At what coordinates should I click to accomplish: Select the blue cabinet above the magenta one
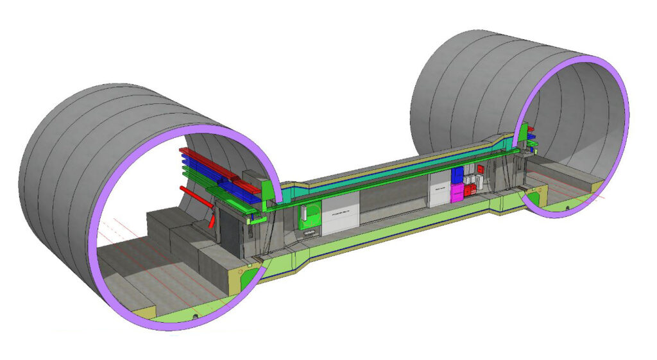(x=457, y=175)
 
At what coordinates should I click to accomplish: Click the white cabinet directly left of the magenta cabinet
(x=439, y=195)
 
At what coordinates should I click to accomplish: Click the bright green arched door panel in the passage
(x=309, y=215)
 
